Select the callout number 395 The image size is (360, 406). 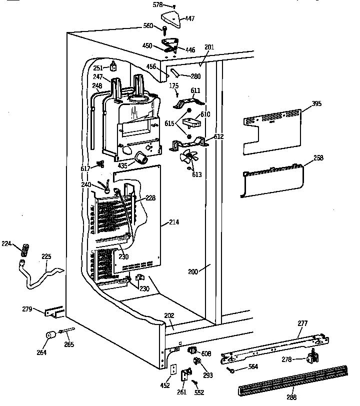point(316,104)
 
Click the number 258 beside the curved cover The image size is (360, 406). point(318,158)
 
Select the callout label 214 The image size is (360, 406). point(173,221)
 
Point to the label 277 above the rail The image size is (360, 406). point(302,323)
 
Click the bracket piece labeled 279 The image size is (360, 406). point(54,311)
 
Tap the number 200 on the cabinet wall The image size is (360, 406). point(193,271)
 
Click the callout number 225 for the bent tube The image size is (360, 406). point(46,257)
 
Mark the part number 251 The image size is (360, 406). point(97,68)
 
